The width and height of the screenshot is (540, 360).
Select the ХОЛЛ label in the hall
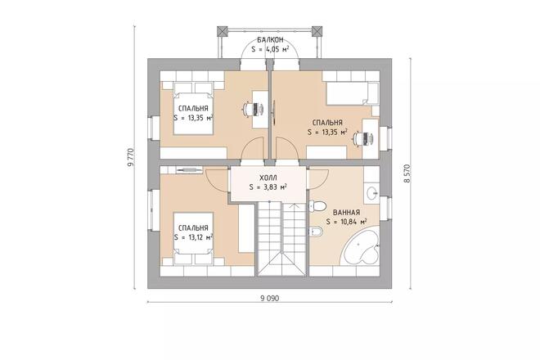coord(268,177)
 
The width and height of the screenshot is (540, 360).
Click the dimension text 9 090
coord(269,299)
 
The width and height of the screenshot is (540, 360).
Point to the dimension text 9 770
coord(130,158)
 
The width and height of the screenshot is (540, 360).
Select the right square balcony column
coord(317,31)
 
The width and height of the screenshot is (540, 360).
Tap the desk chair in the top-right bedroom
coord(358,138)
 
